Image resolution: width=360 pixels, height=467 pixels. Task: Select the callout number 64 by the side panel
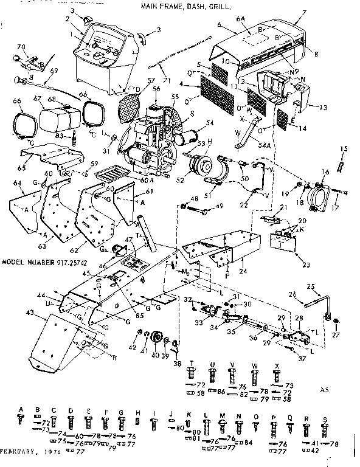click(17, 184)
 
